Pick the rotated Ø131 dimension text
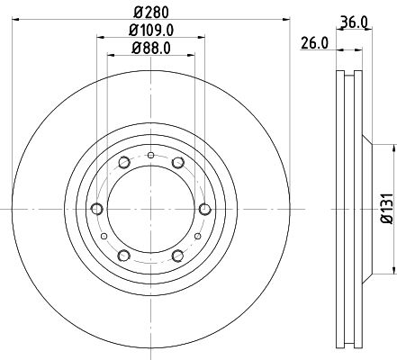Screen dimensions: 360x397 pos(384,209)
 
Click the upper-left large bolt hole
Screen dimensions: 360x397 pos(122,163)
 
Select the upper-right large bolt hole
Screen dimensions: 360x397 pos(177,162)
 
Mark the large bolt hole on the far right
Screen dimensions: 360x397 pos(204,209)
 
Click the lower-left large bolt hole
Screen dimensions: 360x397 pos(122,256)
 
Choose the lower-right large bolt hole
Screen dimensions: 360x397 pos(177,256)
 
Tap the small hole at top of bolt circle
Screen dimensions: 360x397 pos(150,158)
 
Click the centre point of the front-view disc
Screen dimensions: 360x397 pos(149,210)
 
